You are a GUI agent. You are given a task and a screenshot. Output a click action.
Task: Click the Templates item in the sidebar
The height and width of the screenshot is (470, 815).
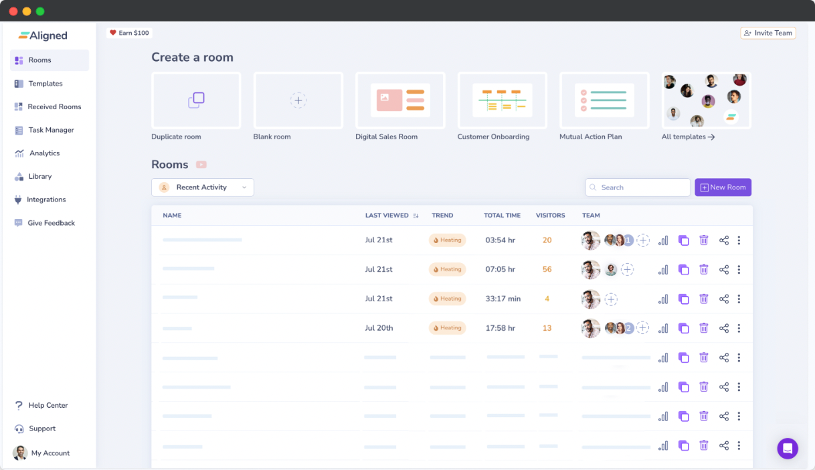click(45, 84)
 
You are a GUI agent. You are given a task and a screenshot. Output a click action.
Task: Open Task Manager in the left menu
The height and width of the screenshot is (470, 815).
click(51, 130)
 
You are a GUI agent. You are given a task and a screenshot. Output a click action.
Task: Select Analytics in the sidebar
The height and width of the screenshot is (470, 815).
click(44, 153)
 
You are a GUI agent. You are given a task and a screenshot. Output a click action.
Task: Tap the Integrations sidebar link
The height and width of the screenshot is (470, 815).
click(46, 200)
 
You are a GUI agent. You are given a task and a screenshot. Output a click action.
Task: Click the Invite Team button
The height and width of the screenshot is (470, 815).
click(767, 33)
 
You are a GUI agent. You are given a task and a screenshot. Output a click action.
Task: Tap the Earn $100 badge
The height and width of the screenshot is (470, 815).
click(130, 33)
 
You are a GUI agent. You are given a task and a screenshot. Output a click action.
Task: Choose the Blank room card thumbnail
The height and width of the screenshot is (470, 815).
click(298, 100)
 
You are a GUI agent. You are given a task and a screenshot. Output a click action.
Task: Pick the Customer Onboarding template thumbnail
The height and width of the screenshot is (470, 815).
click(502, 100)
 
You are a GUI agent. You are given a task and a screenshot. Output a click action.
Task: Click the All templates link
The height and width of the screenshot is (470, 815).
click(688, 137)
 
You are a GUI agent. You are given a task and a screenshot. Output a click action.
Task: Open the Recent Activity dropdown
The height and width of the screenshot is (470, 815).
click(202, 187)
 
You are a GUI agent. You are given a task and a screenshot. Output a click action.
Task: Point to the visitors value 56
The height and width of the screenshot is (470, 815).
click(547, 269)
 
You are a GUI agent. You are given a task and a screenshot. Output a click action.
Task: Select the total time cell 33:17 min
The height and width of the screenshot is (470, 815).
click(503, 299)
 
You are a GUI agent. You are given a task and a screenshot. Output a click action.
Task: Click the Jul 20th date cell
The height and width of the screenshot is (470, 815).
click(379, 328)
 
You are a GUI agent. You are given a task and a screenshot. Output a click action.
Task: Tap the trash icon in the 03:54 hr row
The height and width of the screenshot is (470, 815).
click(703, 240)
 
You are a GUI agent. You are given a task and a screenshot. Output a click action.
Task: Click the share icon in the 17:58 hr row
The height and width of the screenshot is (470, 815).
click(723, 328)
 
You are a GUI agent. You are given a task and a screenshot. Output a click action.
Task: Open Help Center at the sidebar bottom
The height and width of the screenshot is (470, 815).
click(48, 405)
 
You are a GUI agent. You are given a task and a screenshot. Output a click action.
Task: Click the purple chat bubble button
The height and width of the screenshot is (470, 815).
click(788, 449)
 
